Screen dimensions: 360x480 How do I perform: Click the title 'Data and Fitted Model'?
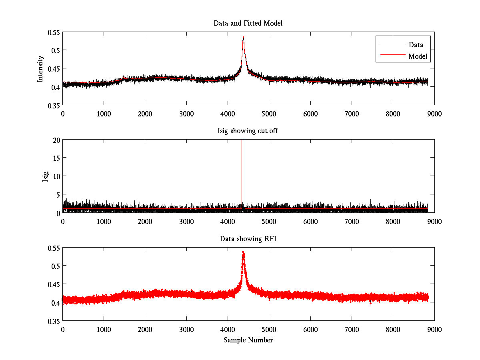pyautogui.click(x=248, y=23)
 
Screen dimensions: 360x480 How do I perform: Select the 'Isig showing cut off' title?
pyautogui.click(x=248, y=131)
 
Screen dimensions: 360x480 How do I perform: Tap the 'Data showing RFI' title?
pyautogui.click(x=248, y=239)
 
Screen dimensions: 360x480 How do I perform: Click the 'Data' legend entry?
pyautogui.click(x=416, y=45)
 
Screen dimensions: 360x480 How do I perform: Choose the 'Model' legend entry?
pyautogui.click(x=418, y=56)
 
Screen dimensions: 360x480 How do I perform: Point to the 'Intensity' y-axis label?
pyautogui.click(x=40, y=68)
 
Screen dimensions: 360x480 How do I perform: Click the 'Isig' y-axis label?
pyautogui.click(x=45, y=176)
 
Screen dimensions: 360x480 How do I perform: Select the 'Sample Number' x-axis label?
pyautogui.click(x=248, y=340)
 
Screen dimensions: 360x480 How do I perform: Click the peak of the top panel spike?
pyautogui.click(x=243, y=36)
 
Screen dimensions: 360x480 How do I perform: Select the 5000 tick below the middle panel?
pyautogui.click(x=269, y=221)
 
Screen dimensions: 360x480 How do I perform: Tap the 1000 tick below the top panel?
pyautogui.click(x=104, y=114)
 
